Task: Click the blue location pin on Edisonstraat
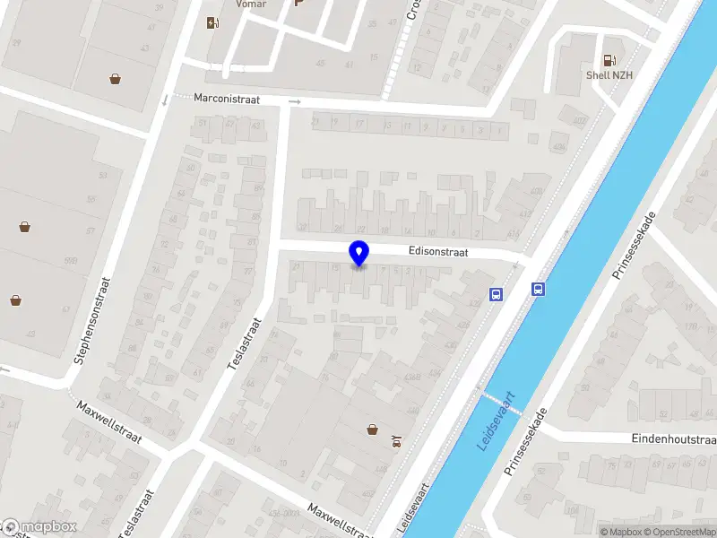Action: pos(359,254)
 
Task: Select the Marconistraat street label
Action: pos(226,100)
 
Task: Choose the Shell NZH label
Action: pos(609,75)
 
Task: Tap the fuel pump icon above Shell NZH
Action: pos(609,60)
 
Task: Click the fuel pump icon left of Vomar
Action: pos(212,22)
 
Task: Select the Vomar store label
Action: pos(251,4)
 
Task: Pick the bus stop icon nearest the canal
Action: pos(539,289)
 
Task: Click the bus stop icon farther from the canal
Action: pos(496,293)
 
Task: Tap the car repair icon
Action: pos(396,440)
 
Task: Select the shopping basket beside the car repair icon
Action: pos(373,430)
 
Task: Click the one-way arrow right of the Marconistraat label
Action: pos(295,102)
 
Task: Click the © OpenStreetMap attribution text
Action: pos(678,533)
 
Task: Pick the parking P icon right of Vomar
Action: pos(299,4)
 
